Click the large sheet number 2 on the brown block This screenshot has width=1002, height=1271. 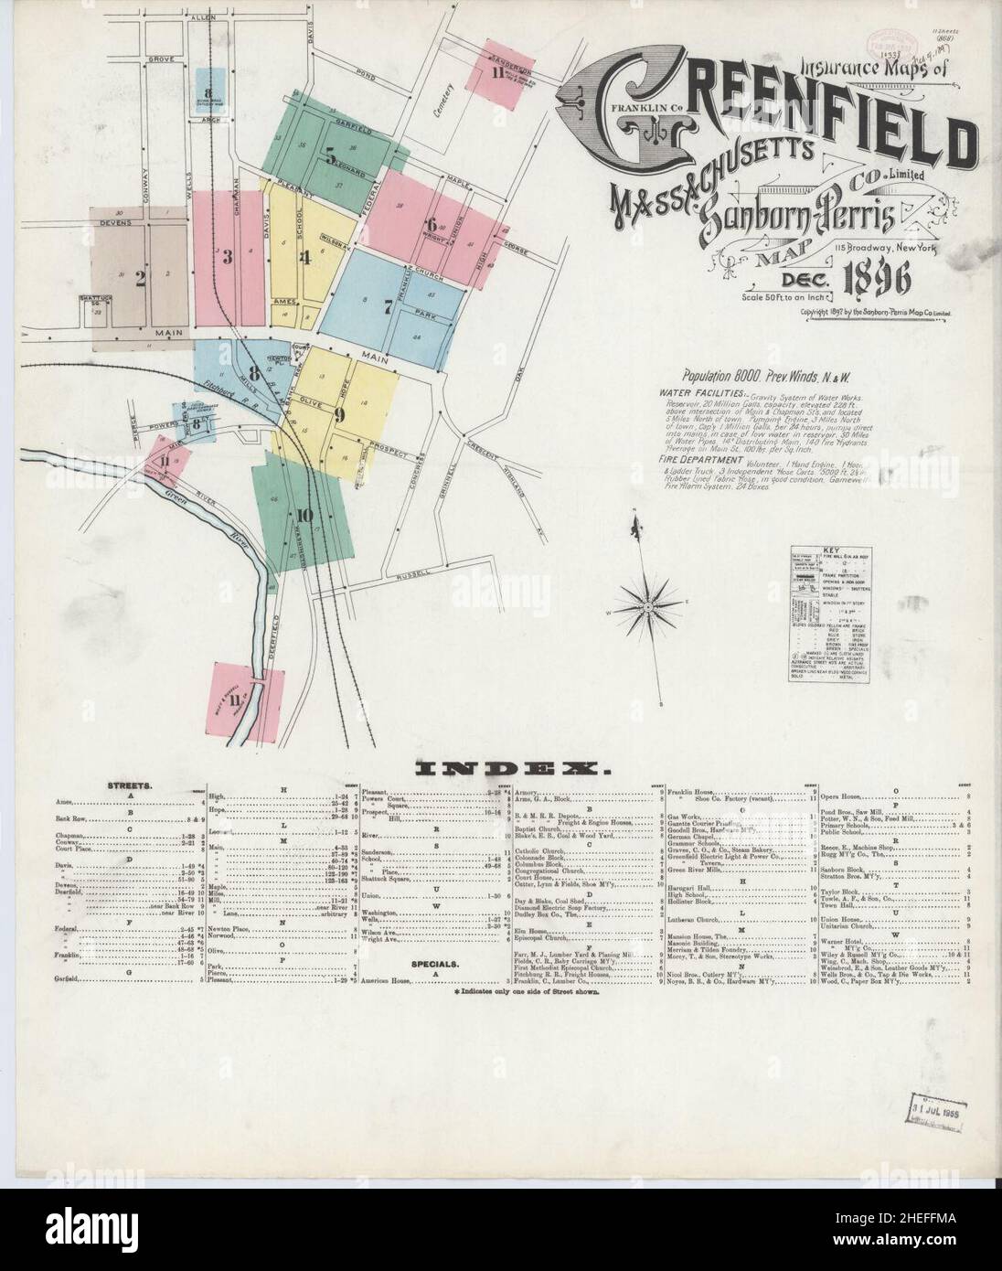coord(140,281)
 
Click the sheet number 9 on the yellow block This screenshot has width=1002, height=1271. coord(339,414)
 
